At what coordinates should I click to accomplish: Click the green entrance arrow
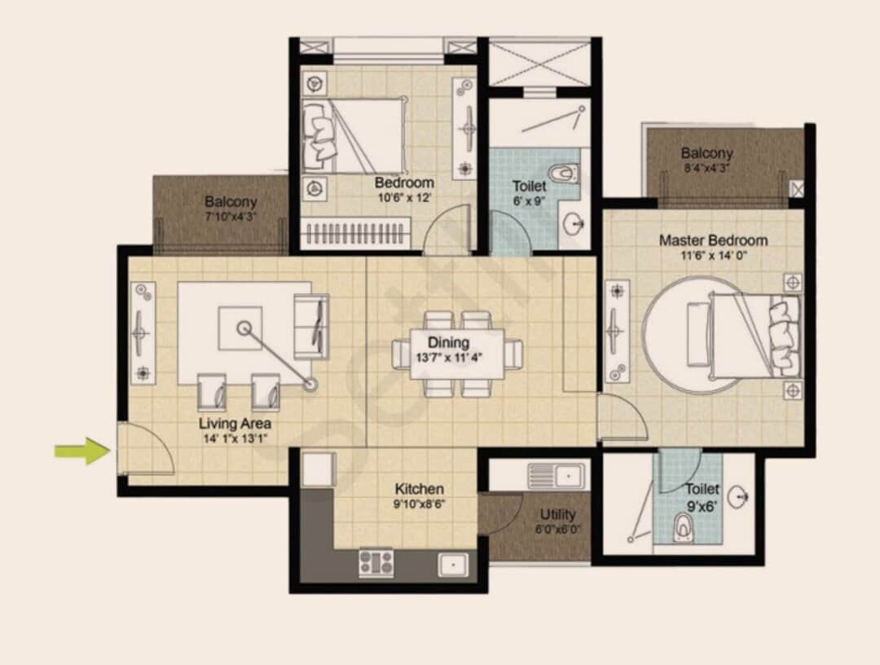pos(82,451)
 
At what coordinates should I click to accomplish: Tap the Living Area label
pos(235,424)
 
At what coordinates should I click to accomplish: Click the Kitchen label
pos(420,489)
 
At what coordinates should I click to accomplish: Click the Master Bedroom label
pos(713,240)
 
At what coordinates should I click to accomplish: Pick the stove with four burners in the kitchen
pos(376,562)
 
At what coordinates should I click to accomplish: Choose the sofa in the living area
pos(311,325)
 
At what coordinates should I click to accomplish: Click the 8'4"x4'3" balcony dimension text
pos(707,169)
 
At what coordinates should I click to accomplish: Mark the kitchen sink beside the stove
pos(451,562)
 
